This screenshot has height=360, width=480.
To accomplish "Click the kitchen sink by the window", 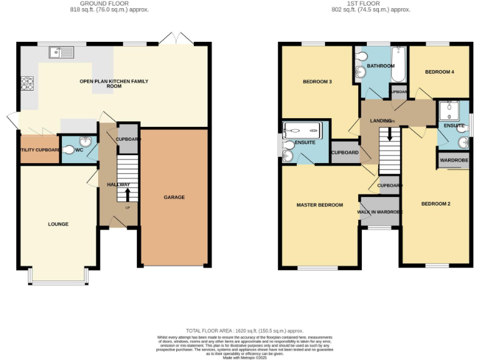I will (x=63, y=52).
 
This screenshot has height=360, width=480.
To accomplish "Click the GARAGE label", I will (x=174, y=197).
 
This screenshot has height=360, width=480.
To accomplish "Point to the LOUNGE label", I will (x=58, y=224).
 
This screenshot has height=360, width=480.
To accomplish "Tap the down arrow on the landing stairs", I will (x=390, y=134).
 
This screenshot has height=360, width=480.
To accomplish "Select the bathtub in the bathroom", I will (x=397, y=65).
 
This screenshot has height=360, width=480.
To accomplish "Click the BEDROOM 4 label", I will (x=439, y=72).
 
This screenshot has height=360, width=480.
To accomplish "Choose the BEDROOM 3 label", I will (x=317, y=81).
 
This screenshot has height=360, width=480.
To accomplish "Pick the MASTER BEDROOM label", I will (x=319, y=205).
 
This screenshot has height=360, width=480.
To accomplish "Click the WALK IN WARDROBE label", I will (x=380, y=212).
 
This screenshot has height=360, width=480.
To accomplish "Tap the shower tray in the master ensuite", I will (x=302, y=131).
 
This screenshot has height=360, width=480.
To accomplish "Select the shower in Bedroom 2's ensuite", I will (x=449, y=111).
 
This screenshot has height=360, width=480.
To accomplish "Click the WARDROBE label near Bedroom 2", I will (x=453, y=160).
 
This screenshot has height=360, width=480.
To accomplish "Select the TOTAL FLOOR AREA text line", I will (x=244, y=330).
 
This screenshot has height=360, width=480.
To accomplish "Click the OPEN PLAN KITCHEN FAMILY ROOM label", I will (x=114, y=84).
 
